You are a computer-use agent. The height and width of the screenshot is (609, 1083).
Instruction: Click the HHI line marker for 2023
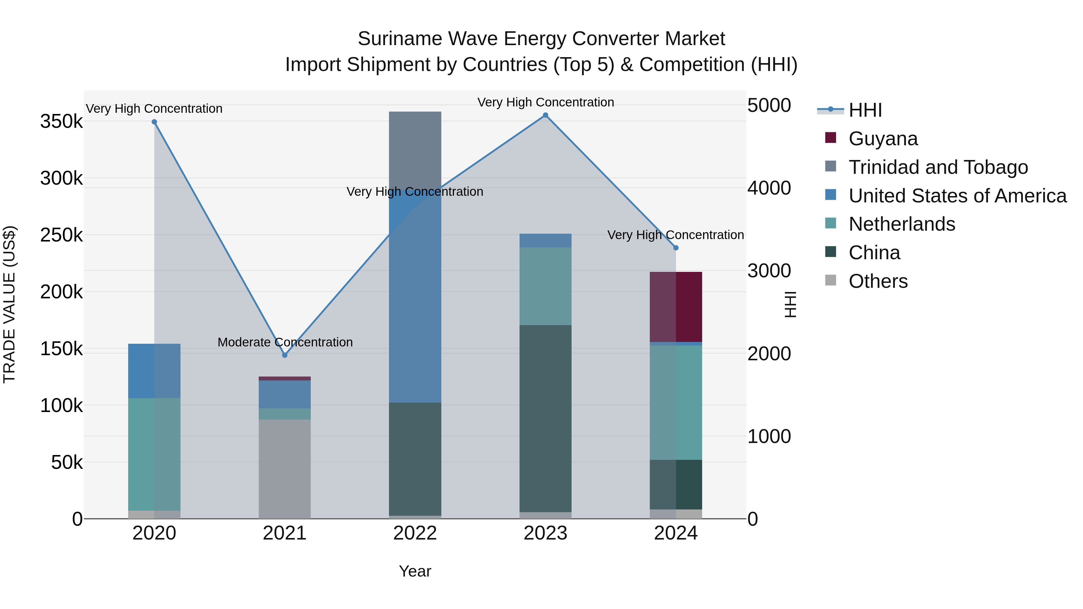545,115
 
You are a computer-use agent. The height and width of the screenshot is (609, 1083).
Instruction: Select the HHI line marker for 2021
285,355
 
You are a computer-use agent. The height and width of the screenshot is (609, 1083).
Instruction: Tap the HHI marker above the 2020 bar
154,122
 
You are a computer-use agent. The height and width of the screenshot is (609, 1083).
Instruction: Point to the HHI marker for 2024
676,248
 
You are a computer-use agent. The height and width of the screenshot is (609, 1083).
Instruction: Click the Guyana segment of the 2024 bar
676,307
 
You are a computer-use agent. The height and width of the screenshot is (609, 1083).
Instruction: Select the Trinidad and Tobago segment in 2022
415,147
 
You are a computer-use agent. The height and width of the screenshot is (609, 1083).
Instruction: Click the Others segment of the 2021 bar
285,469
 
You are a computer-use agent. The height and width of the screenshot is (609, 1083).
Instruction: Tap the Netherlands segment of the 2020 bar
154,454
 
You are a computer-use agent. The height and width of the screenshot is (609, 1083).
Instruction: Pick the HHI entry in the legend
865,110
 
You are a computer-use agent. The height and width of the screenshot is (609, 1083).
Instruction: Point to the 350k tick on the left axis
61,122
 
